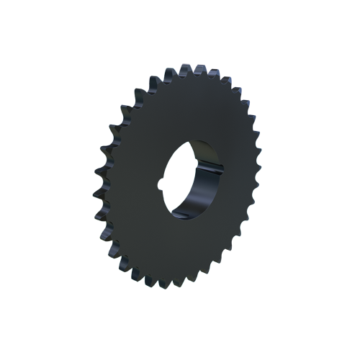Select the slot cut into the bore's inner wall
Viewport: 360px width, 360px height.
tap(208, 157)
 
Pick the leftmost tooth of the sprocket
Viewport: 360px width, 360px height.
tap(96, 193)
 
